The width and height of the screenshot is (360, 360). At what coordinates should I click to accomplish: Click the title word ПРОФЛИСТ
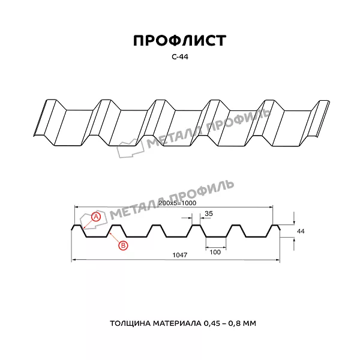(x=180, y=41)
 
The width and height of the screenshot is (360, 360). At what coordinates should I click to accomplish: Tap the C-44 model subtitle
(x=180, y=57)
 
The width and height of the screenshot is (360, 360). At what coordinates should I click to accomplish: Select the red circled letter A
(x=96, y=217)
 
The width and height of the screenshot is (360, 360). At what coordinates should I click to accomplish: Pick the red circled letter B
(x=123, y=245)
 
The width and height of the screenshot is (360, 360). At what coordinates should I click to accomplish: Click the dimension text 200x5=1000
(x=177, y=203)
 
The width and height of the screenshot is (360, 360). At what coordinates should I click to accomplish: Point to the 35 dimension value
(x=209, y=214)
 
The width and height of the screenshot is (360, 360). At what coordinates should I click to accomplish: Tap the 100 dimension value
(x=215, y=252)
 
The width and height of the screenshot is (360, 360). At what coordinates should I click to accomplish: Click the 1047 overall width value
(x=180, y=255)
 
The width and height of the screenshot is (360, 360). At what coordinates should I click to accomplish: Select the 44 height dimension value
(x=301, y=231)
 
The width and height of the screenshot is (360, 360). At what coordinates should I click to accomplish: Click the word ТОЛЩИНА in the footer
(x=130, y=323)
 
